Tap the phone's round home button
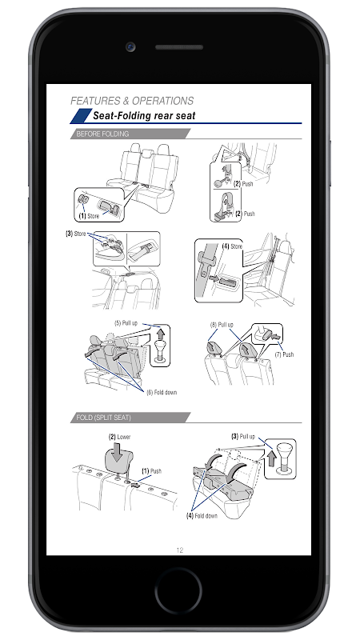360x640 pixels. pyautogui.click(x=178, y=590)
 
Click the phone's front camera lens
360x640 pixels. pyautogui.click(x=130, y=47)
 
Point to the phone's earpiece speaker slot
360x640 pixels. pyautogui.click(x=179, y=47)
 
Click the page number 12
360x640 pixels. pyautogui.click(x=179, y=550)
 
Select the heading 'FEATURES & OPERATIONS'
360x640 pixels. pyautogui.click(x=132, y=101)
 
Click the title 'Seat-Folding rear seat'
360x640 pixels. pyautogui.click(x=144, y=115)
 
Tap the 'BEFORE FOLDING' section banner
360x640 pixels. pyautogui.click(x=130, y=134)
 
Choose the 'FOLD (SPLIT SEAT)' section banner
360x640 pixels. pyautogui.click(x=130, y=418)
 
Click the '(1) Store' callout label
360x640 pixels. pyautogui.click(x=89, y=216)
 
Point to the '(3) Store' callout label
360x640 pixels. pyautogui.click(x=76, y=234)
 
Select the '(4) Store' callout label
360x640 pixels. pyautogui.click(x=232, y=246)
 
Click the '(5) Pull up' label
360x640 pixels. pyautogui.click(x=126, y=323)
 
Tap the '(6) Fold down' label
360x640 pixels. pyautogui.click(x=162, y=392)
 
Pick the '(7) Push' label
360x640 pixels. pyautogui.click(x=284, y=354)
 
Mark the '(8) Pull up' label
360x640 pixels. pyautogui.click(x=222, y=325)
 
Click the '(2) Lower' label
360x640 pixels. pyautogui.click(x=119, y=437)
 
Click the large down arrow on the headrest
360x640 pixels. pyautogui.click(x=118, y=453)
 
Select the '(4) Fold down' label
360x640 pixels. pyautogui.click(x=202, y=515)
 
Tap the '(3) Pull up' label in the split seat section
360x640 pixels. pyautogui.click(x=243, y=436)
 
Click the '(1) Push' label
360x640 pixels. pyautogui.click(x=151, y=471)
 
